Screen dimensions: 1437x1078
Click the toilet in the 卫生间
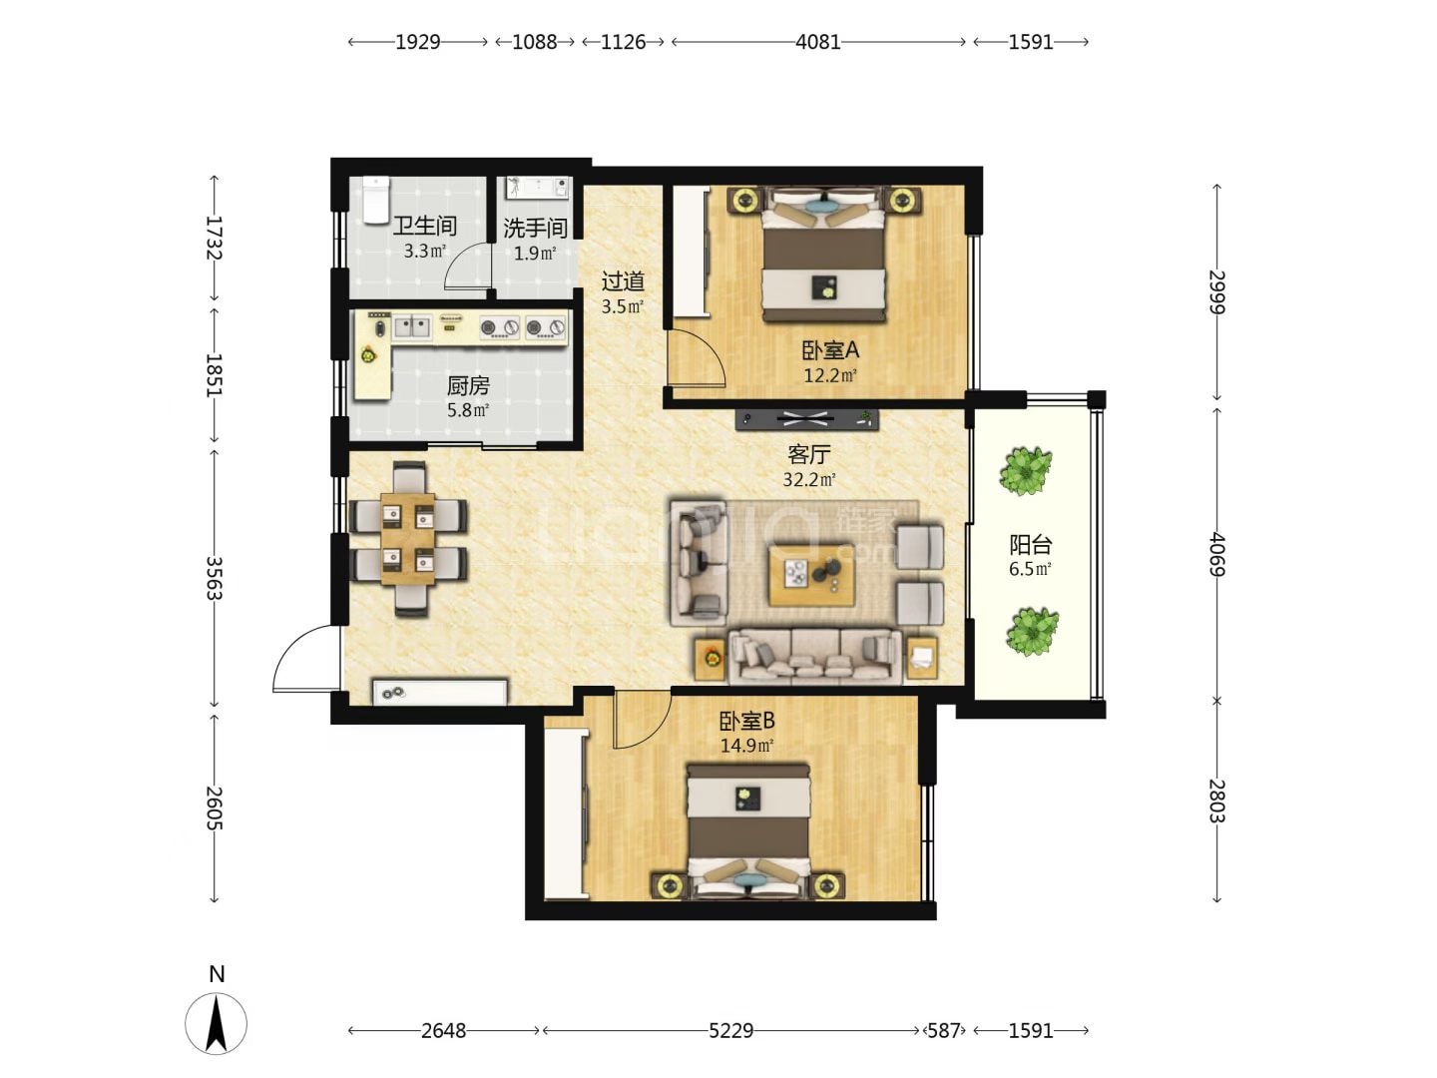pyautogui.click(x=376, y=199)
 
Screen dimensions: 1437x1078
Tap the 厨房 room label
pyautogui.click(x=468, y=386)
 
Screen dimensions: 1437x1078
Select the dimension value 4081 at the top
pyautogui.click(x=817, y=42)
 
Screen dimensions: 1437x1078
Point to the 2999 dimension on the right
pyautogui.click(x=1216, y=291)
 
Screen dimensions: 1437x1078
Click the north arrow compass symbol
pyautogui.click(x=216, y=1024)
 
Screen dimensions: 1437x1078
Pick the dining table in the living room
pyautogui.click(x=408, y=539)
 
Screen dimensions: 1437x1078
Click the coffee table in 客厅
pyautogui.click(x=811, y=574)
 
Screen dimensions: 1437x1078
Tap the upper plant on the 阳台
pyautogui.click(x=1025, y=470)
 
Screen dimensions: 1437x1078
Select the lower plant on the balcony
pyautogui.click(x=1032, y=631)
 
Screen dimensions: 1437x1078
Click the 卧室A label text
pyautogui.click(x=830, y=350)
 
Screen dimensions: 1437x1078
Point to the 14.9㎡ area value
pyautogui.click(x=747, y=745)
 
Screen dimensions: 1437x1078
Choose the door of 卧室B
pyautogui.click(x=643, y=719)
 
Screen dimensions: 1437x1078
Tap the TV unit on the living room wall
pyautogui.click(x=806, y=419)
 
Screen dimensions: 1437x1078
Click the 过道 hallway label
pyautogui.click(x=623, y=281)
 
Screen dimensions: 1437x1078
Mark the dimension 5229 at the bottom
pyautogui.click(x=730, y=1031)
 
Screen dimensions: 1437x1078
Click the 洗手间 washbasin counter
pyautogui.click(x=538, y=188)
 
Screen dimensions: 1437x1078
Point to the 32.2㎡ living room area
pyautogui.click(x=809, y=480)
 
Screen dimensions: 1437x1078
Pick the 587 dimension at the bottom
pyautogui.click(x=943, y=1031)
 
